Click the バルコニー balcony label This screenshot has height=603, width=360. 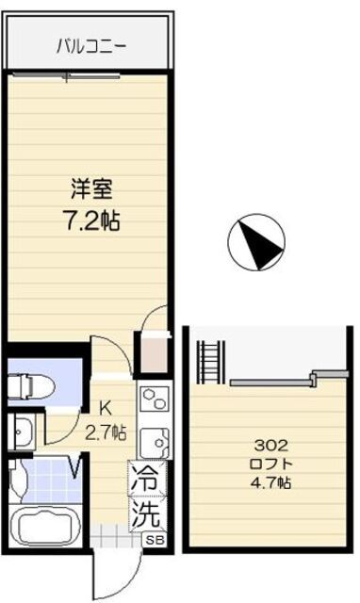pos(91,47)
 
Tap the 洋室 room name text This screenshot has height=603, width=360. pos(91,189)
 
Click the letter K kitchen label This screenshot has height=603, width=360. pos(105,409)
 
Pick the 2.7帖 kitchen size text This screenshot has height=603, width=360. pos(106,433)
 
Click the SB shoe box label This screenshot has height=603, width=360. pos(155,540)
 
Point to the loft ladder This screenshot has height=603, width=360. pos(211,362)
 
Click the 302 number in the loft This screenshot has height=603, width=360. pos(271,446)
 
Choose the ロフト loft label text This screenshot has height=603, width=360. pos(271,464)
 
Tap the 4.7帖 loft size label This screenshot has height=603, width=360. pos(271,481)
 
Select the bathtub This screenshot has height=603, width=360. pos(45,526)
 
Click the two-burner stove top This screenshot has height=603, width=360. pos(155,399)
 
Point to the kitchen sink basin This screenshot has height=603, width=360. pos(155,442)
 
